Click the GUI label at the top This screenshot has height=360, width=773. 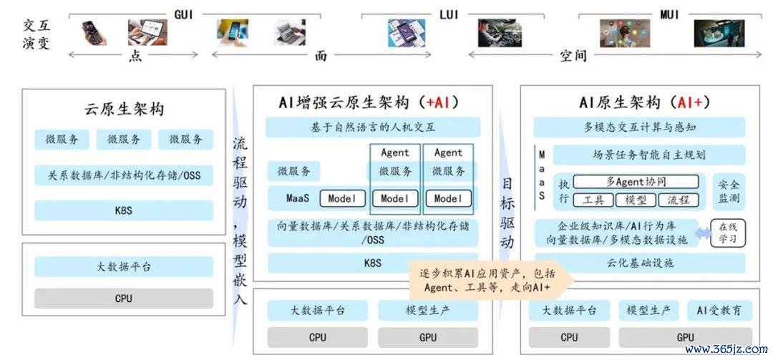pos(184,14)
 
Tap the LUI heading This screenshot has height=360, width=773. pos(449,14)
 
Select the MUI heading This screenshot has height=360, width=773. pos(669,14)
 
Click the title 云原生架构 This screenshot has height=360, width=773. pos(124,109)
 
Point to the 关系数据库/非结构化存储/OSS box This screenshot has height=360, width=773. pos(124,175)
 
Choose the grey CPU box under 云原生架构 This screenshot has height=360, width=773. pos(124,298)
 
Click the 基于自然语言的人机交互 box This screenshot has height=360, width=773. pos(373,127)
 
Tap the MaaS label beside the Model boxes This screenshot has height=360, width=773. pos(298,199)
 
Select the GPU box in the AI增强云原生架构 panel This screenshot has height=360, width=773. pos(428,337)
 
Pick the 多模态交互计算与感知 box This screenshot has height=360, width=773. pos(639,127)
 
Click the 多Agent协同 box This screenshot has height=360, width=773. pos(636,182)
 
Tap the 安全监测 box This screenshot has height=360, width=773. pos(729,192)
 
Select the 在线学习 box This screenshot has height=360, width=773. pos(728,233)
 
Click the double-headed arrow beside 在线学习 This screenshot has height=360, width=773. pos(703,233)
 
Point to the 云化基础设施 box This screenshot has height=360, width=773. pos(639,263)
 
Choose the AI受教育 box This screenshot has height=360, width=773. pos(720,311)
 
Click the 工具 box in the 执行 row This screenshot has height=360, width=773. pos(593,200)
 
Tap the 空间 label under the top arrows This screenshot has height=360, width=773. pos(573,56)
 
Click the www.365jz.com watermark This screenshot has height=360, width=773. pos(726,349)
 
